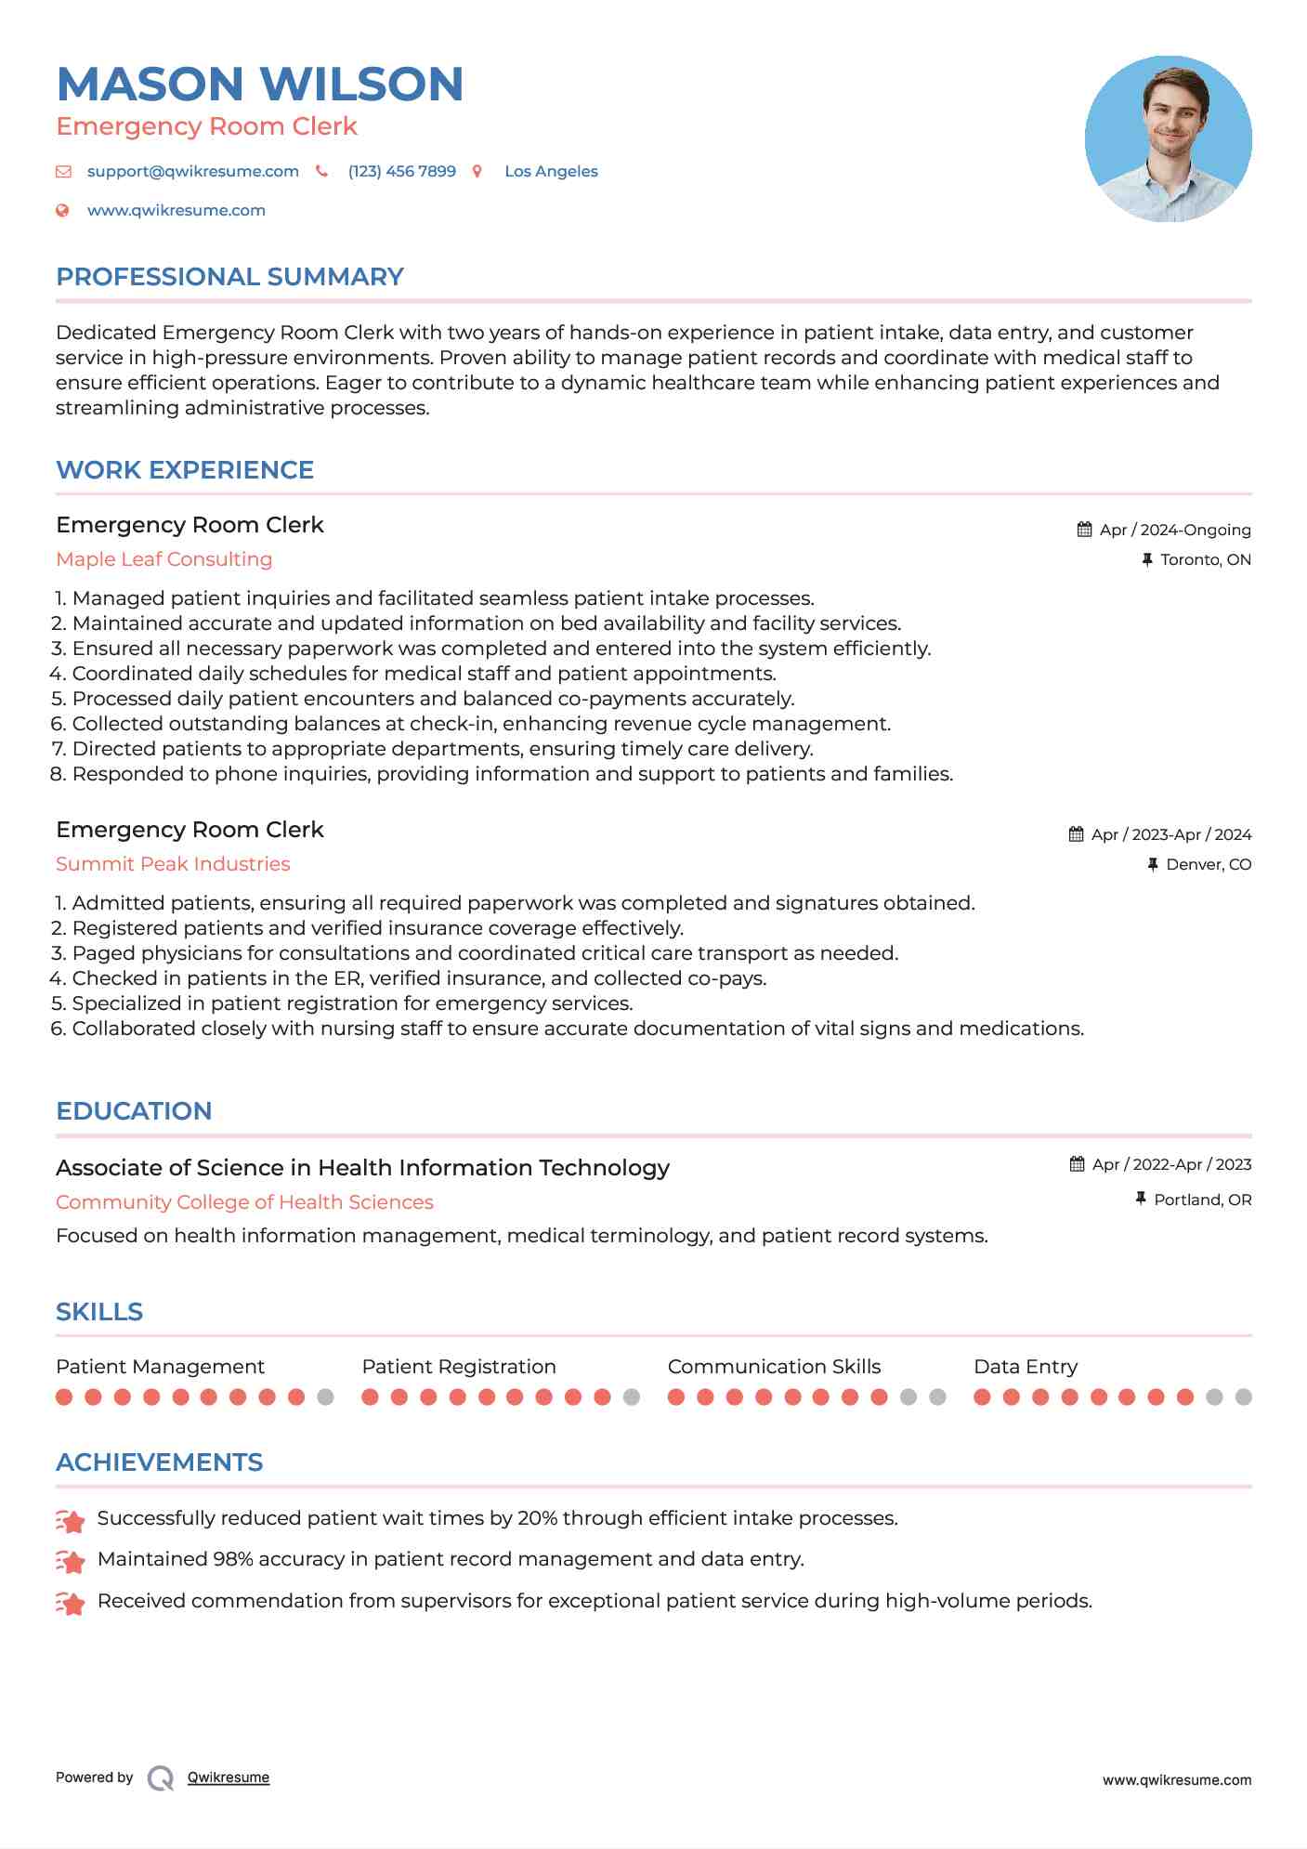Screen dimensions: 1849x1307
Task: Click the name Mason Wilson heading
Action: pyautogui.click(x=260, y=84)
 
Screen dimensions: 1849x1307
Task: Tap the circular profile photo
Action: pyautogui.click(x=1168, y=139)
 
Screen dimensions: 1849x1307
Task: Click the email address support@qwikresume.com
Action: pyautogui.click(x=192, y=171)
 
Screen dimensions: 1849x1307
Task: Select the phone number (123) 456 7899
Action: pyautogui.click(x=401, y=171)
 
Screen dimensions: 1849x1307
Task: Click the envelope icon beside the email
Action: pyautogui.click(x=63, y=171)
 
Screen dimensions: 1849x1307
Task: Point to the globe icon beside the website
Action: pyautogui.click(x=62, y=210)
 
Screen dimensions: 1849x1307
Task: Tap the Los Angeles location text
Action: pyautogui.click(x=551, y=171)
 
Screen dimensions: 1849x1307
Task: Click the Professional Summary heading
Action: pyautogui.click(x=229, y=277)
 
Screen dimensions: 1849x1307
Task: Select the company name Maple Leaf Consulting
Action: pyautogui.click(x=163, y=559)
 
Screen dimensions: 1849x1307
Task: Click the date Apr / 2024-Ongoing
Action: pyautogui.click(x=1174, y=530)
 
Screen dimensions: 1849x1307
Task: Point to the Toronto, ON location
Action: pyautogui.click(x=1205, y=559)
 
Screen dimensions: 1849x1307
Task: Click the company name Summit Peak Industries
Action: pyautogui.click(x=173, y=864)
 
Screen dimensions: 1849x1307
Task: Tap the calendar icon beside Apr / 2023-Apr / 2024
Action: pyautogui.click(x=1076, y=834)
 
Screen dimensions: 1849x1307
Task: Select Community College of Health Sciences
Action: pyautogui.click(x=244, y=1202)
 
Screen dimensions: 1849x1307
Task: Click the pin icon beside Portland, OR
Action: pyautogui.click(x=1141, y=1200)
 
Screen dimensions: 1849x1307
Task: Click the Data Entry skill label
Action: pyautogui.click(x=1026, y=1367)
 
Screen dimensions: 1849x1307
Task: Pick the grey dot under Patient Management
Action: pyautogui.click(x=325, y=1397)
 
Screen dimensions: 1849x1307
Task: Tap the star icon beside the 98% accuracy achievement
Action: pyautogui.click(x=71, y=1562)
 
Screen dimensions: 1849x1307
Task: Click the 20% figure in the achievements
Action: pyautogui.click(x=537, y=1518)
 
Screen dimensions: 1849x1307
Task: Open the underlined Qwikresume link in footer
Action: pyautogui.click(x=229, y=1777)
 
